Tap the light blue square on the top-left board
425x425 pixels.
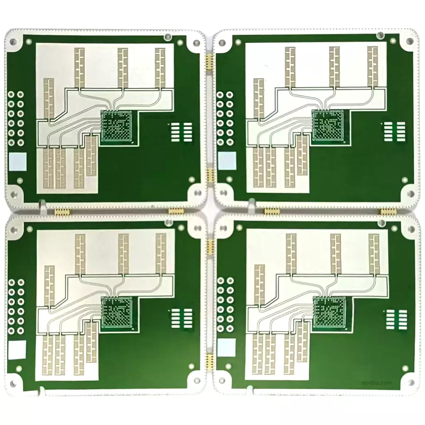[x=18, y=162]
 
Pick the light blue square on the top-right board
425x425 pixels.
[x=227, y=161]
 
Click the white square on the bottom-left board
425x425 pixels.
[x=18, y=349]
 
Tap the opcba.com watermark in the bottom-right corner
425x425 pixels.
[x=376, y=382]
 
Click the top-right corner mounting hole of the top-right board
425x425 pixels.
[x=410, y=41]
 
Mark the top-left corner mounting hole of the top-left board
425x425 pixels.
[x=13, y=42]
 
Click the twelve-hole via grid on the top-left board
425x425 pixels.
[x=16, y=118]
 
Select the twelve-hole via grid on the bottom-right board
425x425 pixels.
[x=225, y=305]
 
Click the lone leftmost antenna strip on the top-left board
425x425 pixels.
[x=49, y=100]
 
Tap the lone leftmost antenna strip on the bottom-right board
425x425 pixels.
[x=259, y=286]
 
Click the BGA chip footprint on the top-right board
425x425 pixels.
[x=327, y=125]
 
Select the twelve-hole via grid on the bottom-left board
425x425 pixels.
[x=16, y=306]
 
